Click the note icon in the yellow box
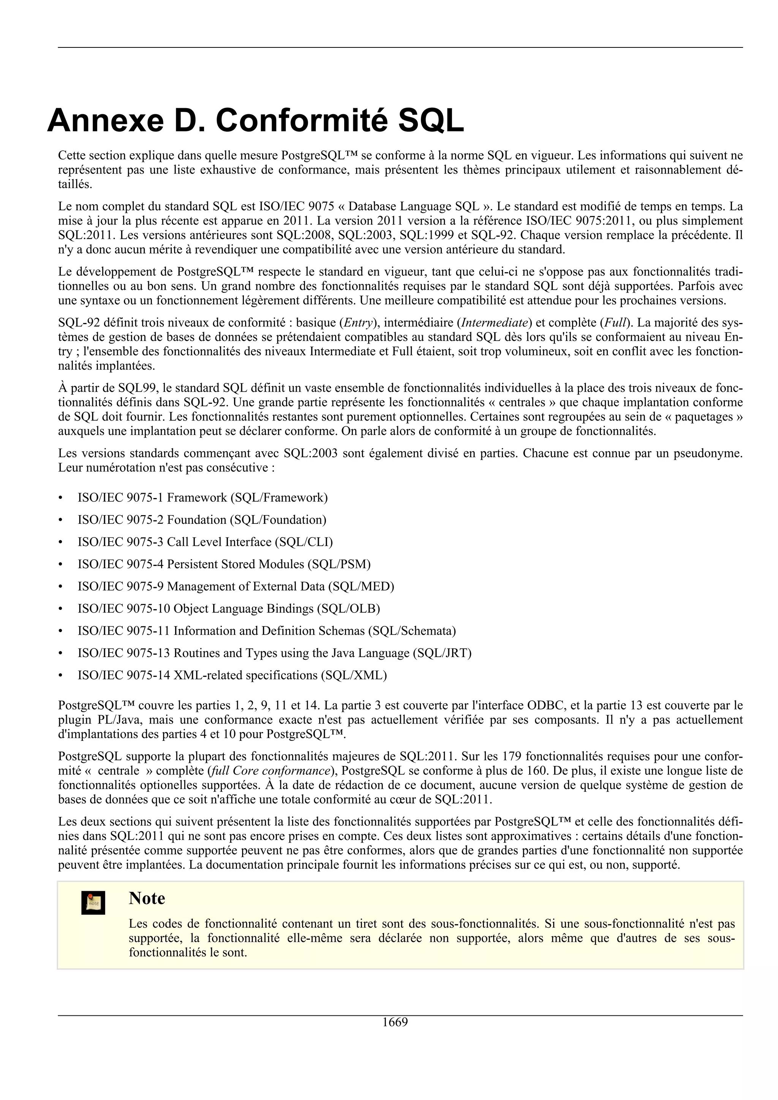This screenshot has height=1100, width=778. [x=93, y=903]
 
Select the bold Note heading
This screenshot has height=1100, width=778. [x=147, y=898]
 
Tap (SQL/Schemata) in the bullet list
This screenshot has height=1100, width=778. [x=412, y=630]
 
